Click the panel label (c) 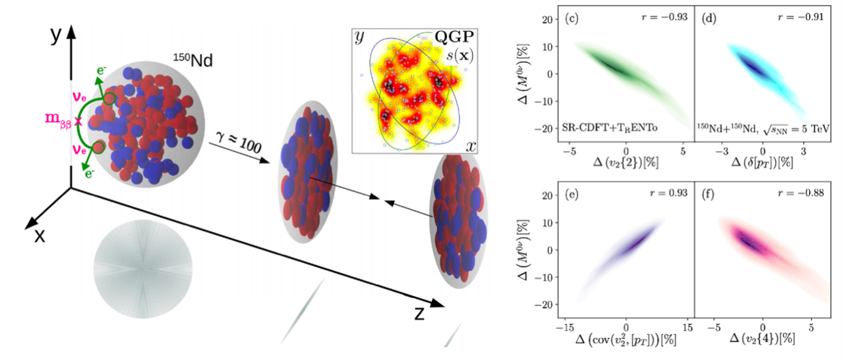tap(573, 18)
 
